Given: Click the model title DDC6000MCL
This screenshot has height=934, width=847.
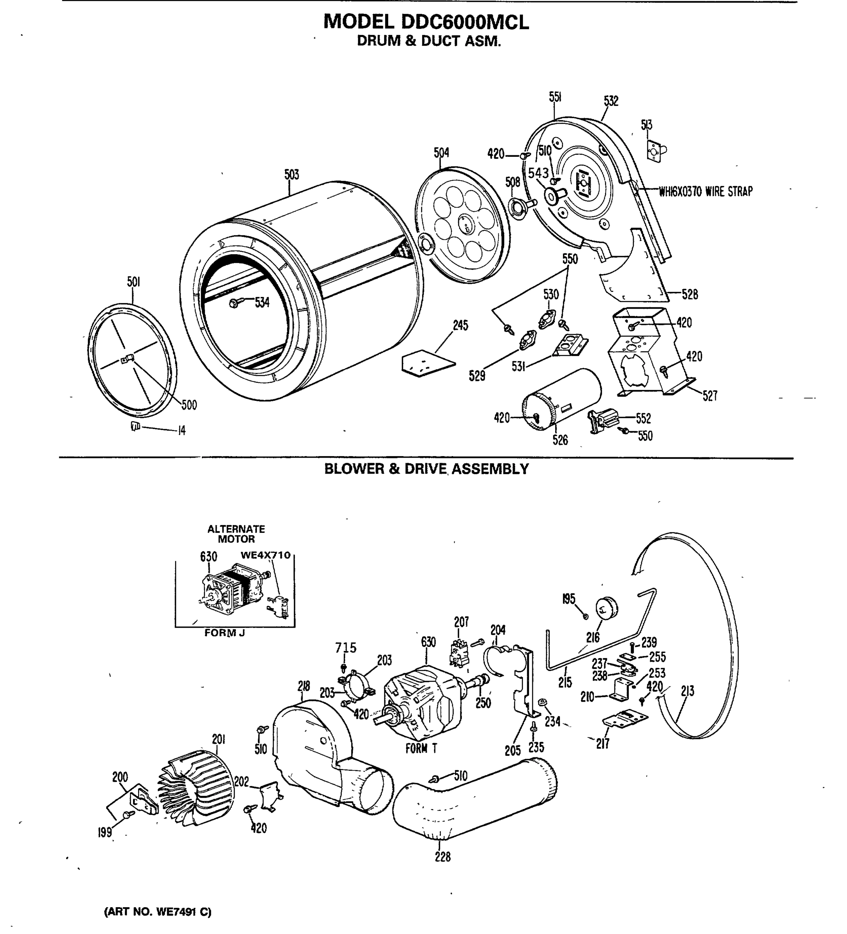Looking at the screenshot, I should pyautogui.click(x=426, y=22).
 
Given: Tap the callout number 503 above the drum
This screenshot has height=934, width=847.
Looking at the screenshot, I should pyautogui.click(x=292, y=175).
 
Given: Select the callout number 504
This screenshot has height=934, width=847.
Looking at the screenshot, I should pyautogui.click(x=441, y=153).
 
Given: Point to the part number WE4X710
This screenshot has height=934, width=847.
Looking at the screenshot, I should pyautogui.click(x=265, y=555).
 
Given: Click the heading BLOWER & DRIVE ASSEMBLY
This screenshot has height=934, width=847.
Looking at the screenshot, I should pyautogui.click(x=426, y=469).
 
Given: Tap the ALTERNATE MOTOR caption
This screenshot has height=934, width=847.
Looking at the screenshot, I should pyautogui.click(x=236, y=534).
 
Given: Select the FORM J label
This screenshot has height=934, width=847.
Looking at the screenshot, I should pyautogui.click(x=224, y=633).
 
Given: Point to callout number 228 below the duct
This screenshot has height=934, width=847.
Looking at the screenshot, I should pyautogui.click(x=443, y=857).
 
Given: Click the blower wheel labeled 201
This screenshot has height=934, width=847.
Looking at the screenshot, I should pyautogui.click(x=197, y=788).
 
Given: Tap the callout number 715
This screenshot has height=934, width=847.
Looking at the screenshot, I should pyautogui.click(x=346, y=647).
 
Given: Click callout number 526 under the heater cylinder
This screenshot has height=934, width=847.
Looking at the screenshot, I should pyautogui.click(x=560, y=440).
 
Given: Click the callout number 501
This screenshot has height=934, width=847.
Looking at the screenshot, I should pyautogui.click(x=133, y=282).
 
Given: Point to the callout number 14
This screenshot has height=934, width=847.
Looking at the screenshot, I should pyautogui.click(x=182, y=431).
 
